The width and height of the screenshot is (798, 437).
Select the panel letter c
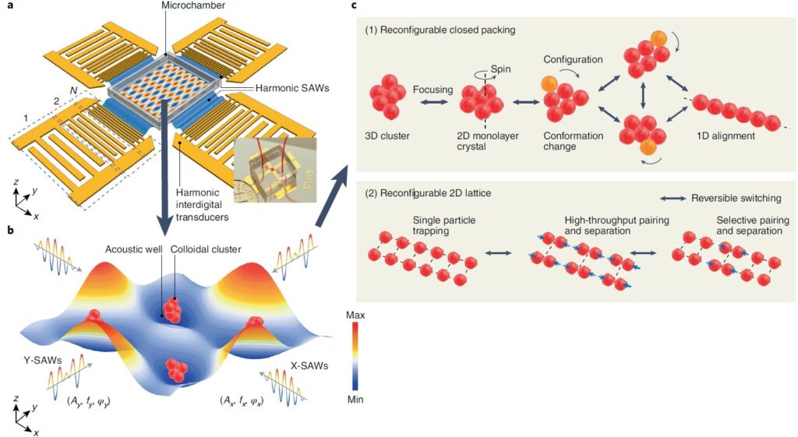pyautogui.click(x=355, y=6)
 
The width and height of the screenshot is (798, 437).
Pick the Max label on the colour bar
pyautogui.click(x=354, y=315)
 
